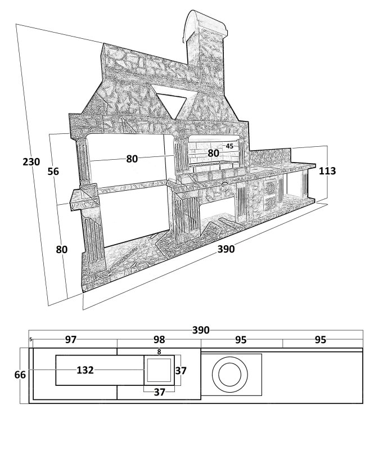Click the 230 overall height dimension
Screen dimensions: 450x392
pyautogui.click(x=31, y=162)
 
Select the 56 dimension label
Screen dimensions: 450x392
pyautogui.click(x=53, y=172)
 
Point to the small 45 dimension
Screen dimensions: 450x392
pyautogui.click(x=229, y=146)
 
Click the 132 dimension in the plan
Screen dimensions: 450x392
pyautogui.click(x=85, y=370)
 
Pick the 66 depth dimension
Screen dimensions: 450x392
pyautogui.click(x=20, y=375)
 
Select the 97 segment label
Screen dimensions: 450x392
pyautogui.click(x=70, y=340)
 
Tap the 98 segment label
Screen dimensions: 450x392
pyautogui.click(x=159, y=340)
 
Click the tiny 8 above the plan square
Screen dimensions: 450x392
pyautogui.click(x=159, y=352)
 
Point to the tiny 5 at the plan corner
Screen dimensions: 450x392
pyautogui.click(x=30, y=340)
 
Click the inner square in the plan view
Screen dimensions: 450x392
pyautogui.click(x=159, y=371)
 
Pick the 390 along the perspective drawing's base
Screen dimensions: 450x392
pyautogui.click(x=226, y=249)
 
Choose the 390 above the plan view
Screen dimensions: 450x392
pyautogui.click(x=201, y=330)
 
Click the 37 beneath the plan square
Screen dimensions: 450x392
pyautogui.click(x=160, y=392)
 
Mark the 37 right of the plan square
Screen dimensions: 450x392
pyautogui.click(x=181, y=371)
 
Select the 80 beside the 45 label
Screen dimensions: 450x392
pyautogui.click(x=213, y=153)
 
